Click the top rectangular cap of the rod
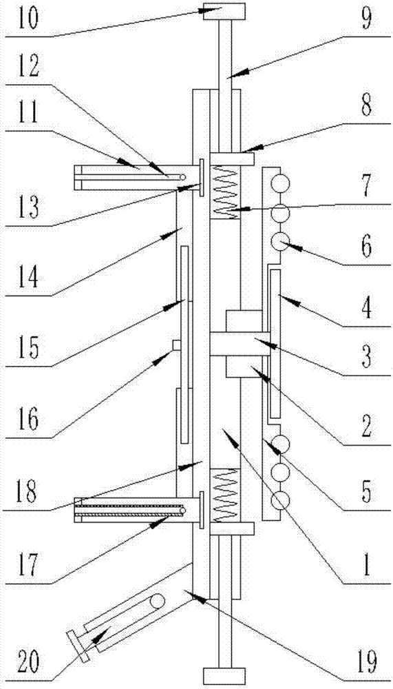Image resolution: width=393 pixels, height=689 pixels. coord(224,12)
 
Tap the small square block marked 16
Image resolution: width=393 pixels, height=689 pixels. coord(176,345)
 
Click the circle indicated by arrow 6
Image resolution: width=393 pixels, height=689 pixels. coord(279,242)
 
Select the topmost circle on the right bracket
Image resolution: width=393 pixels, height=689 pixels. coord(279,181)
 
